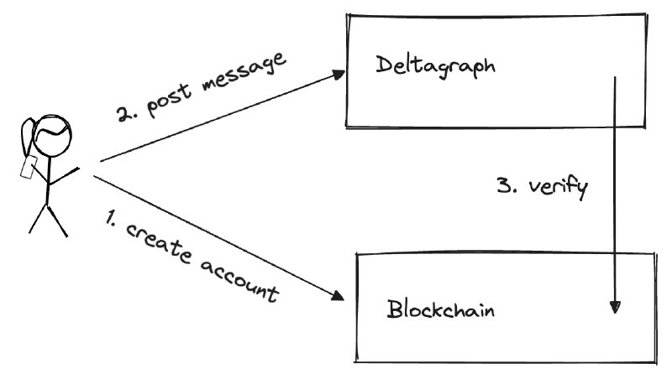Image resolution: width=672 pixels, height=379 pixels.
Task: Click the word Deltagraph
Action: (434, 65)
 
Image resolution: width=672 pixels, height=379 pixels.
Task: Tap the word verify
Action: (558, 186)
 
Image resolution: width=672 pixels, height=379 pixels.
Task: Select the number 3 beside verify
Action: (505, 185)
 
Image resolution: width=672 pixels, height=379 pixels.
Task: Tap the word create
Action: (160, 241)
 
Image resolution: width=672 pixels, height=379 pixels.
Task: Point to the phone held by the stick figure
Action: (26, 165)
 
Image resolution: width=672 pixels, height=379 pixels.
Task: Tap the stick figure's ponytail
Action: (30, 134)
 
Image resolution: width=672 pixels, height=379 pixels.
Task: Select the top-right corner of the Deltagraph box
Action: (648, 16)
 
